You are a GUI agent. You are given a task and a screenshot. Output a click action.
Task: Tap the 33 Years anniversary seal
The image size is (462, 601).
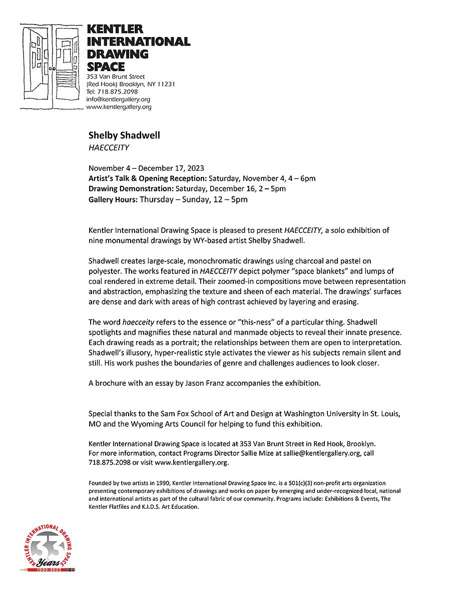pos(48,546)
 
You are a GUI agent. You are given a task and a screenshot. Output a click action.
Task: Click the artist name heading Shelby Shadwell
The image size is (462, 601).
pos(124,135)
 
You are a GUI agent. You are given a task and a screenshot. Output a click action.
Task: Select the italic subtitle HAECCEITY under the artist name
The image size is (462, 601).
pos(109,147)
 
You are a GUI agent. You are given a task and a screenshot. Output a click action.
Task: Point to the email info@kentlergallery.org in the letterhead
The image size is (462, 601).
pos(118,99)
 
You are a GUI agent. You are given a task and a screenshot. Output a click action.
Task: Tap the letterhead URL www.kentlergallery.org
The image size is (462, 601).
pos(119,107)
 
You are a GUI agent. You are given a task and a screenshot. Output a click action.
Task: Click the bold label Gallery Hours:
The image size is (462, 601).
pos(113,199)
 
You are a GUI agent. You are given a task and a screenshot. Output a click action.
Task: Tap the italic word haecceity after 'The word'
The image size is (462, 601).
pos(138,323)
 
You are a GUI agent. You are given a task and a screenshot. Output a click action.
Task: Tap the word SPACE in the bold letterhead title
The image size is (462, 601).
pos(106,66)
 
